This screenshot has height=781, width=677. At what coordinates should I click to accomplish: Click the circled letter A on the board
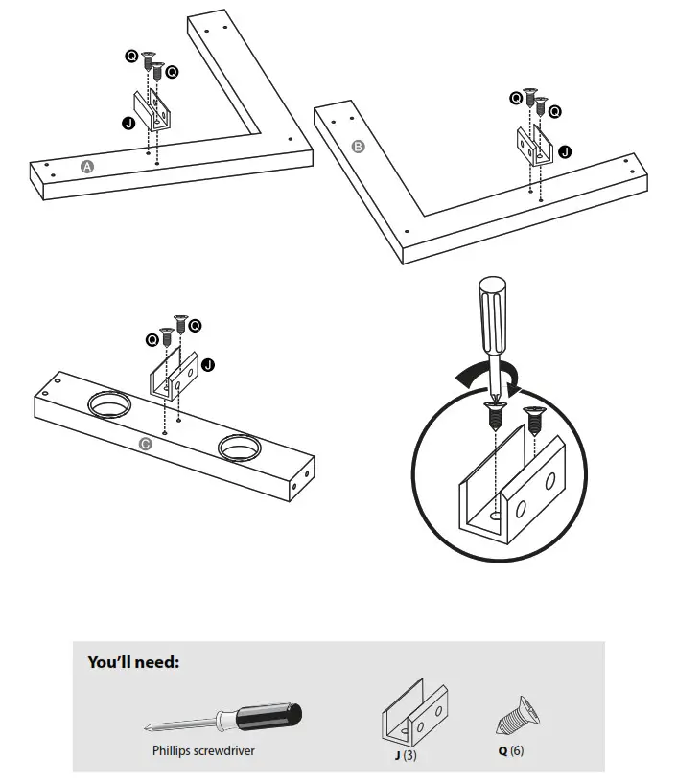tap(87, 167)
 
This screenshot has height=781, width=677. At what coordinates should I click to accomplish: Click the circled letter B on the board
tap(359, 147)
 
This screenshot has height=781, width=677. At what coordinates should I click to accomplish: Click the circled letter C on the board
tap(145, 444)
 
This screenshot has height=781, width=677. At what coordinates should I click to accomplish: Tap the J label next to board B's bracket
tap(564, 150)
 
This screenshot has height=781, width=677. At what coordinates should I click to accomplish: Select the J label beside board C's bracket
tap(208, 365)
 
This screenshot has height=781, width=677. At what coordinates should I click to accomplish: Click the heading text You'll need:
tap(133, 661)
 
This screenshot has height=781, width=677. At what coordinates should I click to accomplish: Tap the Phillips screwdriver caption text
tap(203, 751)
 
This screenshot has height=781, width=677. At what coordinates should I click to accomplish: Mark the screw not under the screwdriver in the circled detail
tap(534, 421)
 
